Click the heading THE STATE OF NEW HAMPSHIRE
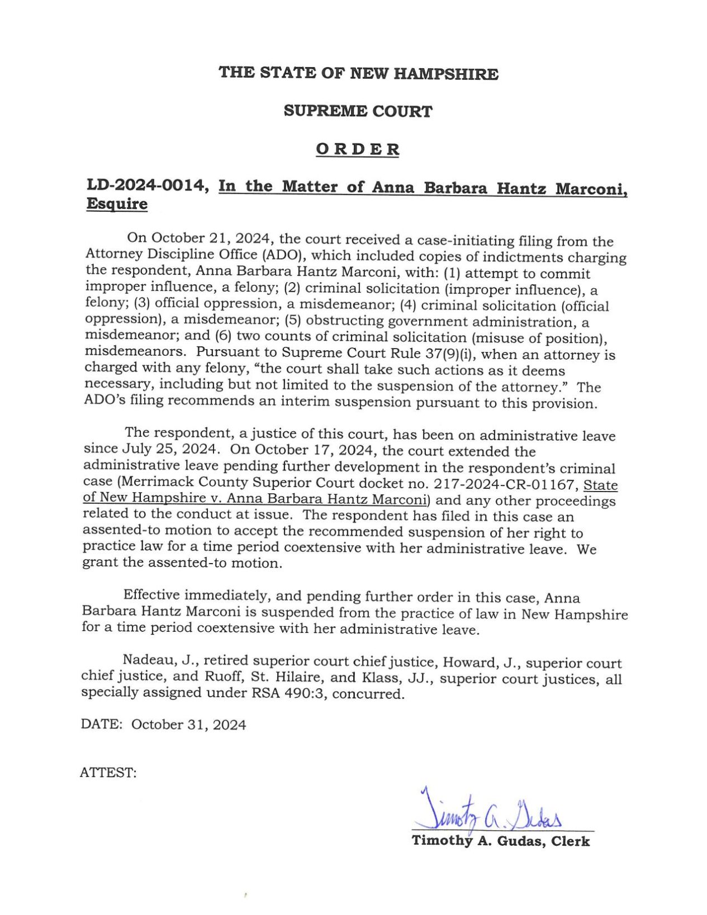point(358,73)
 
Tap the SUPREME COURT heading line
point(358,111)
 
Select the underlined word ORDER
point(357,149)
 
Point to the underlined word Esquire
point(117,204)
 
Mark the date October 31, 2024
point(188,725)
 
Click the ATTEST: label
point(108,773)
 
